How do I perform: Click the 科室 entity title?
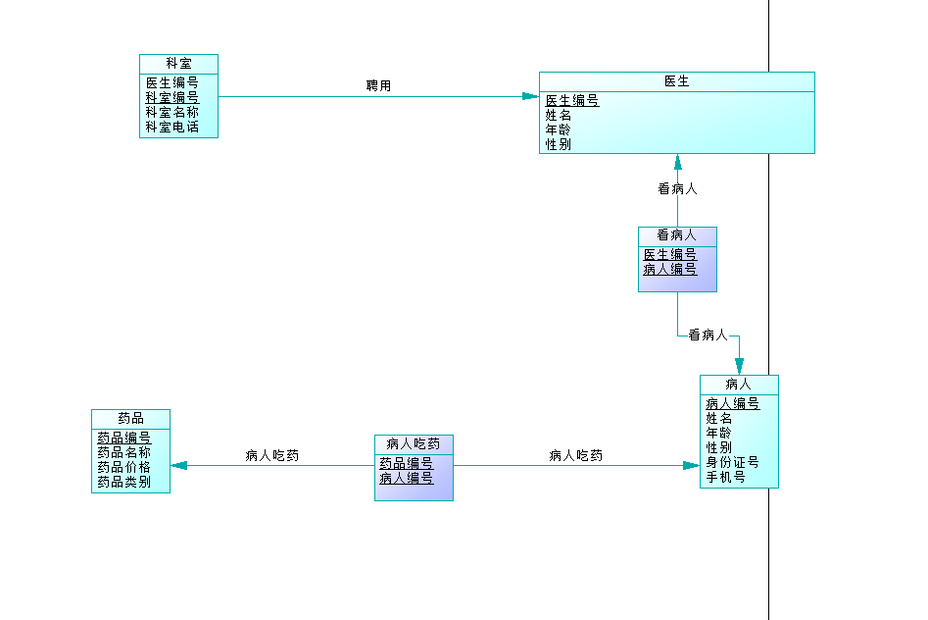(178, 63)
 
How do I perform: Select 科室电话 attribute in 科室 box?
(172, 127)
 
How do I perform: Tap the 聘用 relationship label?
(378, 86)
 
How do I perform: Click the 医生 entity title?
(676, 81)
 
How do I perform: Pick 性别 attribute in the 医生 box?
(559, 144)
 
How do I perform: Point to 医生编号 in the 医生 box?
(572, 100)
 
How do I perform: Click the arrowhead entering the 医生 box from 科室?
(531, 96)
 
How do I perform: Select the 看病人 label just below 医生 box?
(677, 189)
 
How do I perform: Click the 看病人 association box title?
(676, 235)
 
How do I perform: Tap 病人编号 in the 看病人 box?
(670, 269)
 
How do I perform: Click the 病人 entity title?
(738, 384)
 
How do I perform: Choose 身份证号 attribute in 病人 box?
(732, 462)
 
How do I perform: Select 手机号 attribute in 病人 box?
(725, 477)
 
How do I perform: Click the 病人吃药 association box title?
(414, 443)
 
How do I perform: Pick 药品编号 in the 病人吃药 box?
(406, 463)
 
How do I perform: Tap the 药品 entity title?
(130, 418)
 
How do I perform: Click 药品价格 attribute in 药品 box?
(123, 467)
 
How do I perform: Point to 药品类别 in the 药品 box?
(123, 482)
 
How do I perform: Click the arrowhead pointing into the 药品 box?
(178, 465)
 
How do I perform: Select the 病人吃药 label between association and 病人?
(575, 455)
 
